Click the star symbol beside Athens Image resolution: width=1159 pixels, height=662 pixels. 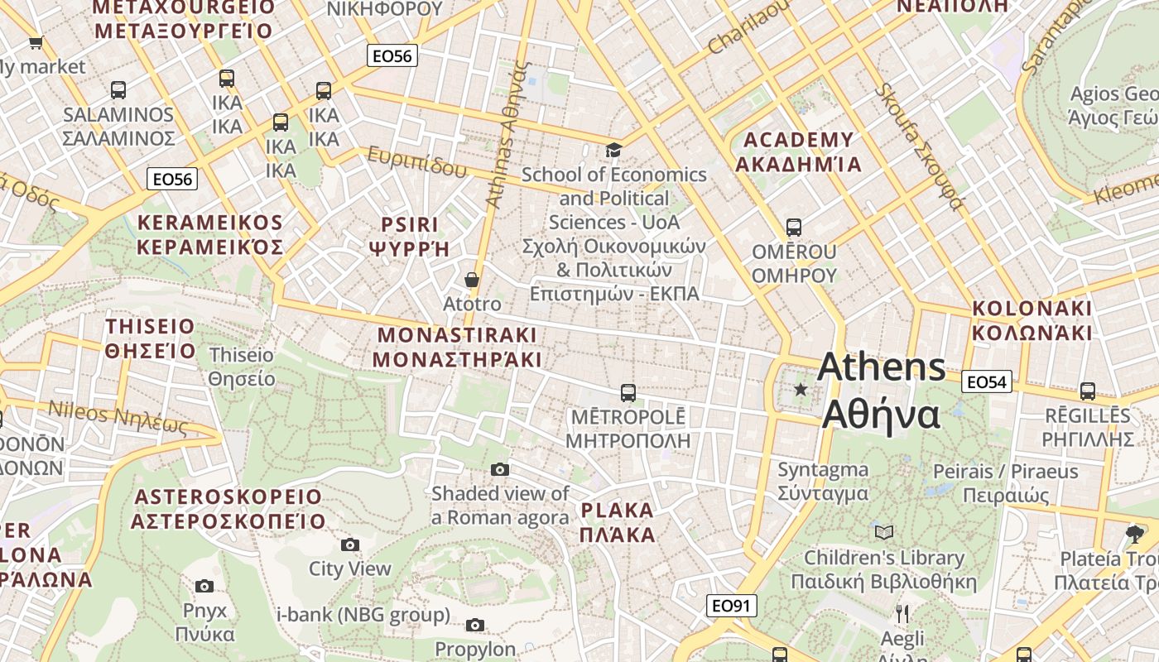point(801,389)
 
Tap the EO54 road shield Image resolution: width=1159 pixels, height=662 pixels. point(987,381)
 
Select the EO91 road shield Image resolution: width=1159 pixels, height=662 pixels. point(731,606)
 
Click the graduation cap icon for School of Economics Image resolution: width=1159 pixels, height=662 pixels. point(613,150)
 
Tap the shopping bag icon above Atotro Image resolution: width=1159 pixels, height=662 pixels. point(472,280)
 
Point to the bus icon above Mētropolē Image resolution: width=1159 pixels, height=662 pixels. point(628,392)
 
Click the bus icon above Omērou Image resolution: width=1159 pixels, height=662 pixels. point(794,227)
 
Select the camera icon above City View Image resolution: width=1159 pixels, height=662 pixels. point(350,544)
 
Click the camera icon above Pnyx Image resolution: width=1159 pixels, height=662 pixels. point(204,586)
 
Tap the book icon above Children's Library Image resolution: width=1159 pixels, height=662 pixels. point(884,532)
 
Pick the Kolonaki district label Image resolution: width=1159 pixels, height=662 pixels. point(1032,320)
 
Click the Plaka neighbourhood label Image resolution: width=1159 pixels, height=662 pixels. point(618,521)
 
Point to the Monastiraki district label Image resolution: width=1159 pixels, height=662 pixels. point(457,347)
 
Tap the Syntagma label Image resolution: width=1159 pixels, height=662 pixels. point(823,482)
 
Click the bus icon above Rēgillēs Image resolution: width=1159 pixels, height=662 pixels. point(1088,391)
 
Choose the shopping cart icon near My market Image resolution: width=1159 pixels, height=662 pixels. point(36,42)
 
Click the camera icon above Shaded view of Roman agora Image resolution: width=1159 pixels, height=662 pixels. point(500,469)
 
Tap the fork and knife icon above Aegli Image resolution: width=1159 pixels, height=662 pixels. point(902,614)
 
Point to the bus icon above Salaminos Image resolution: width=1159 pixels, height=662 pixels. point(118,90)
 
